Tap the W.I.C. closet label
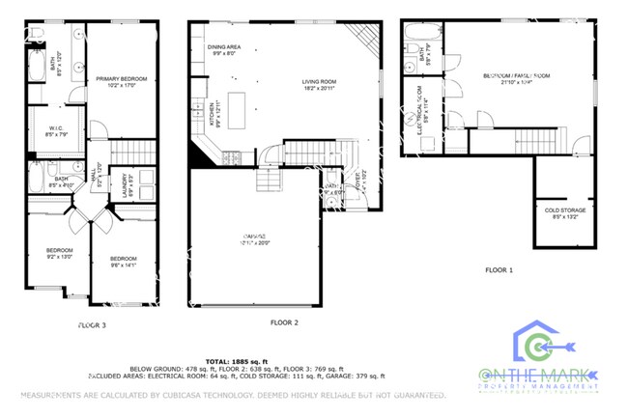(56, 130)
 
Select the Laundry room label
(126, 183)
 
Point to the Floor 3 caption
(92, 326)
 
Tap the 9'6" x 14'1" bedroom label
(124, 262)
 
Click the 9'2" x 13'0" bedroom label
(59, 254)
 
